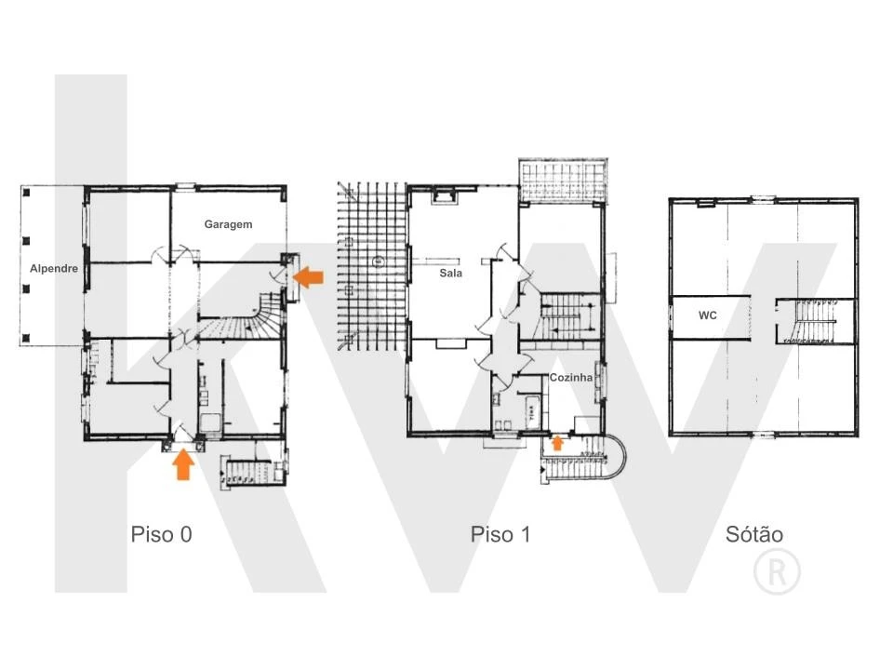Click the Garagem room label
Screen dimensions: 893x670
pos(228,224)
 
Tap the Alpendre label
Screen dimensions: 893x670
pos(54,268)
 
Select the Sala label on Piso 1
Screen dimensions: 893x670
pos(450,273)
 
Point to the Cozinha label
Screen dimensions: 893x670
pos(570,377)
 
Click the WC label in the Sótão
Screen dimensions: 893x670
pos(707,315)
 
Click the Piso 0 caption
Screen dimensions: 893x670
pos(161,534)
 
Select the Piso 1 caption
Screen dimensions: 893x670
pos(500,534)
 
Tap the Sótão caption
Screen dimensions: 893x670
pos(754,534)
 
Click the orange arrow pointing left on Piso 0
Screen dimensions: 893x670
pos(308,277)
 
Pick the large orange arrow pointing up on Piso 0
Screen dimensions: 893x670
pos(183,464)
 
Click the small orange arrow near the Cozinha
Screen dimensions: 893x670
pos(557,443)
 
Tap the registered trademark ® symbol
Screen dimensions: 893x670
pos(777,571)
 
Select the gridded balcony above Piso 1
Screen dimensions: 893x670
pos(563,181)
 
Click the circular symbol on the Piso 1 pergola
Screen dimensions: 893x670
pos(377,261)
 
